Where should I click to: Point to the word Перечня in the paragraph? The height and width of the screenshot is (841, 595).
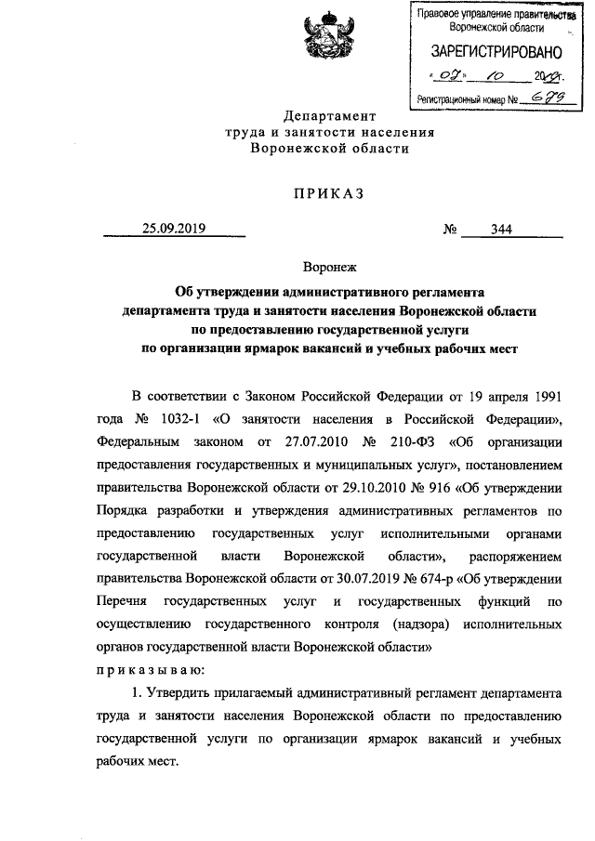click(122, 600)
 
